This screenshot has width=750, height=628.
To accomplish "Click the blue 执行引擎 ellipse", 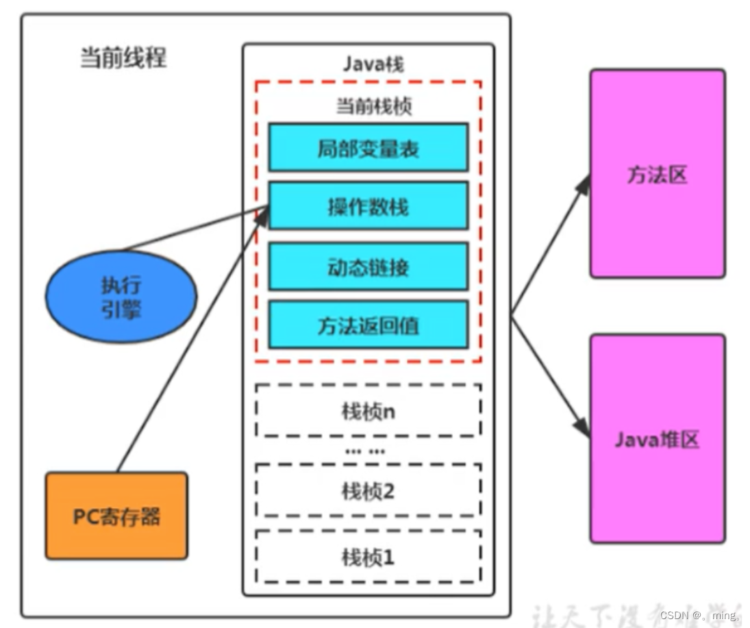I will pos(121,297).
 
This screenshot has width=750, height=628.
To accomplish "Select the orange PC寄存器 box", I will pos(116,515).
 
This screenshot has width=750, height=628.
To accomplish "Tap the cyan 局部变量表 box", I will pos(368,147).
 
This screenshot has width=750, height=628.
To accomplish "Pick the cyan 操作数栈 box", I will pos(368,205).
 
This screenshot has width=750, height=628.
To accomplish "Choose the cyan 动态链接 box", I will pos(368,266).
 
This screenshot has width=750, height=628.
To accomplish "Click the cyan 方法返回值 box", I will pos(368,325).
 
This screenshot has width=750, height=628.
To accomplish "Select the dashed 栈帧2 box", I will pos(368,490).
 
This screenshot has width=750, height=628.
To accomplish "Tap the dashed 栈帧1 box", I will pos(368,556).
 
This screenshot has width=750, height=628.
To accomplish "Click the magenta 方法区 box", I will pos(657,174).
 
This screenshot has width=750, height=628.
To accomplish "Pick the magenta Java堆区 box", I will pos(657,438).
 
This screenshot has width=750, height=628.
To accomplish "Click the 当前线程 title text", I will pos(123,58).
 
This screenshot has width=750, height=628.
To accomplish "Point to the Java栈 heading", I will pos(373,64).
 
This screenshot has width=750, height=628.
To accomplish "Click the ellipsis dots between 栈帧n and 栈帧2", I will pos(365,451).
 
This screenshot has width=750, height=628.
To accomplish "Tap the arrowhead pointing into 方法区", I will pos(584,183).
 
